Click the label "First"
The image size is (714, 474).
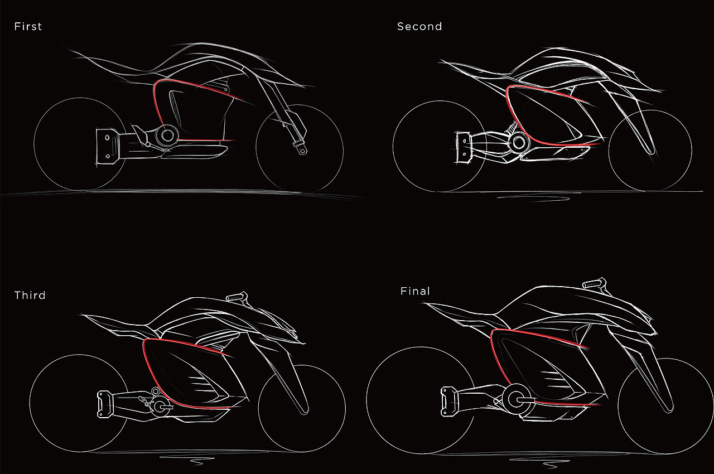coord(28,26)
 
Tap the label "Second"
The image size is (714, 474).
coord(419,26)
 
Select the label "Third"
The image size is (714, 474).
coord(30,295)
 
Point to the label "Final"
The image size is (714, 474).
coord(415,291)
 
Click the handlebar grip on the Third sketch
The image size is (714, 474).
coord(236,296)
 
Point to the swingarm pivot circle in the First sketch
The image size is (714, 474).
coord(167,134)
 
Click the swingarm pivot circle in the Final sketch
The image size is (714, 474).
coord(513,399)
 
